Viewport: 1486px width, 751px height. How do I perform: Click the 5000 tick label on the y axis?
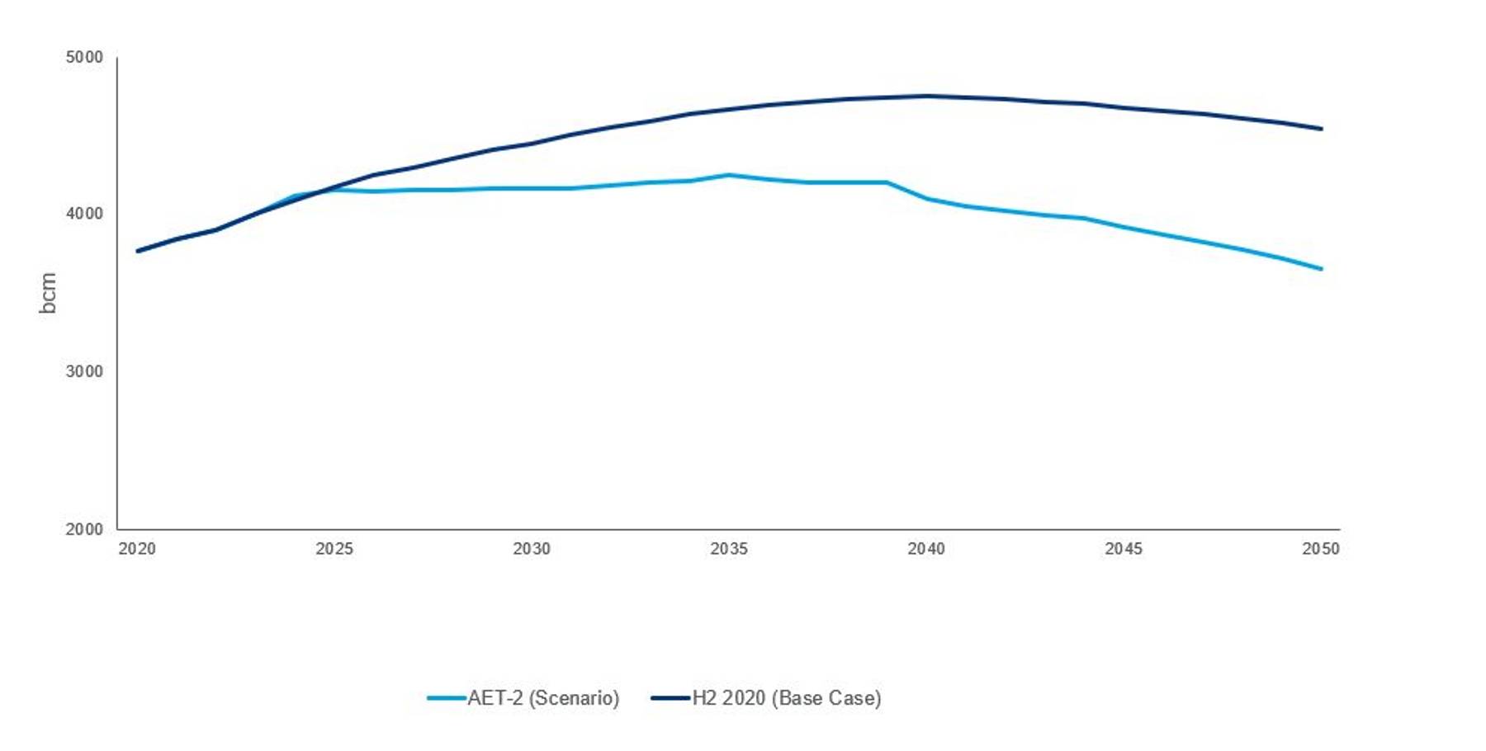pyautogui.click(x=84, y=57)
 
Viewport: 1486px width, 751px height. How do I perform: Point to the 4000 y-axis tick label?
pyautogui.click(x=84, y=214)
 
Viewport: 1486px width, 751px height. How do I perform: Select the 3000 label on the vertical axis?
pyautogui.click(x=84, y=371)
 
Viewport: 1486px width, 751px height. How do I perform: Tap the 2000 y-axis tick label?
pyautogui.click(x=84, y=529)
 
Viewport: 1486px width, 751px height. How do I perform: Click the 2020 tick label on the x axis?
pyautogui.click(x=137, y=549)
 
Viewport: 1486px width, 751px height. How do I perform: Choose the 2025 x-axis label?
pyautogui.click(x=334, y=549)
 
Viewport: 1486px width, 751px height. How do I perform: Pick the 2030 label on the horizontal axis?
pyautogui.click(x=532, y=549)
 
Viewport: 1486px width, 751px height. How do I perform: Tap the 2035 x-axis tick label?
pyautogui.click(x=729, y=549)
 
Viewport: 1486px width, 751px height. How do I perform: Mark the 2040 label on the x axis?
pyautogui.click(x=926, y=549)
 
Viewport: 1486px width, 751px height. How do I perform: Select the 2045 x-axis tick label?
pyautogui.click(x=1124, y=549)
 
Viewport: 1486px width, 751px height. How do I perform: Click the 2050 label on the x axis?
pyautogui.click(x=1321, y=549)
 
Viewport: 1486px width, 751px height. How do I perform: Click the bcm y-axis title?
pyautogui.click(x=48, y=293)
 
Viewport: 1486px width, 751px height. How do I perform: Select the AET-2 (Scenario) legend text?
pyautogui.click(x=543, y=698)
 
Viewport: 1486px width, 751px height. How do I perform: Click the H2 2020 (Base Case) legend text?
pyautogui.click(x=787, y=698)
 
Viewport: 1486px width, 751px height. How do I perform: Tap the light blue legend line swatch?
pyautogui.click(x=447, y=698)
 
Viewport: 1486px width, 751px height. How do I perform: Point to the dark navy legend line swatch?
pyautogui.click(x=670, y=698)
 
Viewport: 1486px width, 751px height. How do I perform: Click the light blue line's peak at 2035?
pyautogui.click(x=729, y=175)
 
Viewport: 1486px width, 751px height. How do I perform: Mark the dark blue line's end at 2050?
pyautogui.click(x=1322, y=129)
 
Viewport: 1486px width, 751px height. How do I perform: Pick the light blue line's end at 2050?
pyautogui.click(x=1322, y=269)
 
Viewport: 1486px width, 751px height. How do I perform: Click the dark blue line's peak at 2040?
pyautogui.click(x=926, y=96)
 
